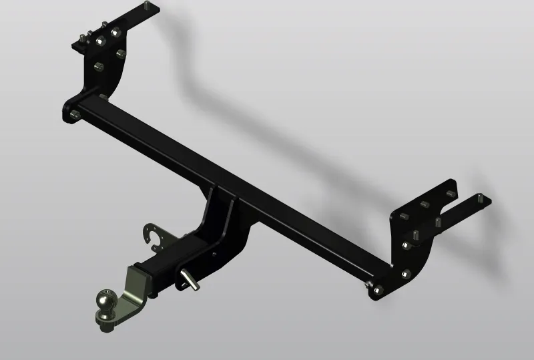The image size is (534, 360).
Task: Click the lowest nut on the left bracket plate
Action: pyautogui.click(x=99, y=66)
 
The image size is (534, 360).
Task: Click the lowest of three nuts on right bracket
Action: pyautogui.click(x=405, y=273)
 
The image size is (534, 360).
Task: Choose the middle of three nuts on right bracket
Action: pyautogui.click(x=405, y=245)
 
